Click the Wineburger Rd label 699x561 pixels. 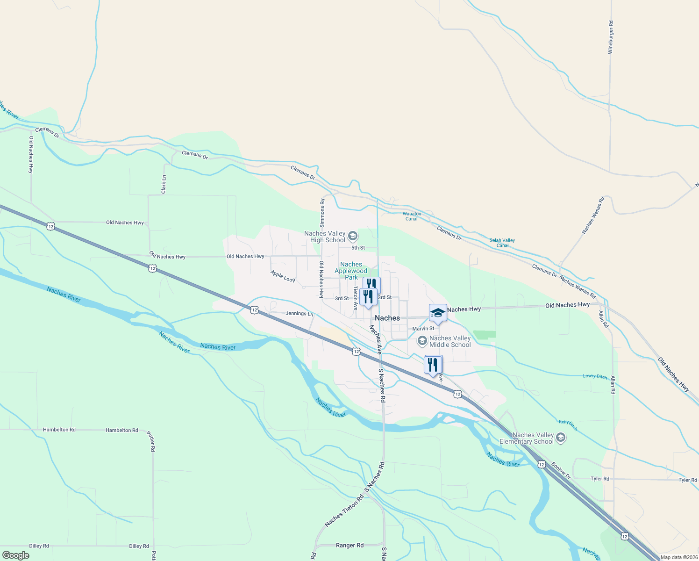point(610,37)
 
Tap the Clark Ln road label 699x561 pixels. point(164,185)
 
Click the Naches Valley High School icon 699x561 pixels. point(353,236)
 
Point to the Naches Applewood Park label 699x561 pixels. point(351,271)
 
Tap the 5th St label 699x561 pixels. point(358,248)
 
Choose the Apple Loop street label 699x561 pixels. point(283,276)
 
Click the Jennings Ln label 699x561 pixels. point(300,314)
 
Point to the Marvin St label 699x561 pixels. point(423,329)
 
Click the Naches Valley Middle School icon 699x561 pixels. point(422,341)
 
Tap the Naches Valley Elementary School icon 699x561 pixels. point(561,438)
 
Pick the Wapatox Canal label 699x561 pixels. point(412,216)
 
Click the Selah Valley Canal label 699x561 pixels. point(502,243)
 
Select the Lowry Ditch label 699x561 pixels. point(595,376)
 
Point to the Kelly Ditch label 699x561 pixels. point(568,425)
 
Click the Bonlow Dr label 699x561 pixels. point(561,470)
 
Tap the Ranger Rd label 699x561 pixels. point(349,545)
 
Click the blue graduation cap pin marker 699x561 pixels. point(438,313)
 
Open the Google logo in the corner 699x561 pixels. point(15,555)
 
